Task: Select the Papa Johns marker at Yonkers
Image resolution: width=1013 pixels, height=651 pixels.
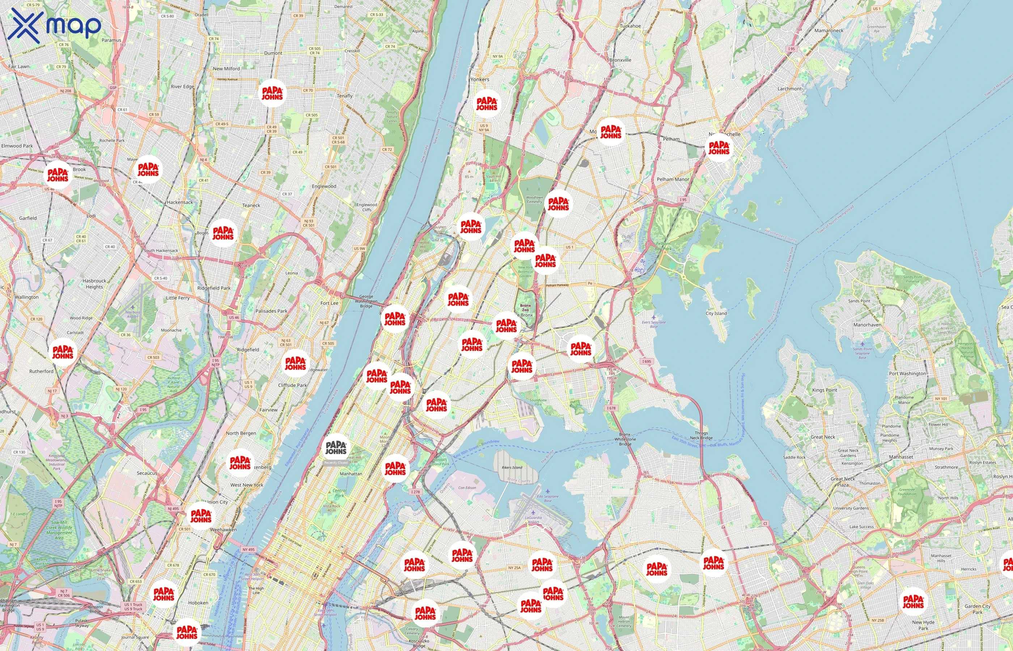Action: [487, 103]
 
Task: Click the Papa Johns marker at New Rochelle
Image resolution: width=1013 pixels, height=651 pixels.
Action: [719, 148]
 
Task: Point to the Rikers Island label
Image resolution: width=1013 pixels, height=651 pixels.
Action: [512, 468]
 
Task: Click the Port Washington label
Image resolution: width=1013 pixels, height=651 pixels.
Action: [907, 373]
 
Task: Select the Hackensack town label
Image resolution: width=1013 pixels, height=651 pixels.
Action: [180, 202]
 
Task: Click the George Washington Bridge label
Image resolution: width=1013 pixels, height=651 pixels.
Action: [366, 301]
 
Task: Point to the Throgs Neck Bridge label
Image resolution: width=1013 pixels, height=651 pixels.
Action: [701, 435]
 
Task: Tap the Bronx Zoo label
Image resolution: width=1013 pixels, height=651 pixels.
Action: [525, 307]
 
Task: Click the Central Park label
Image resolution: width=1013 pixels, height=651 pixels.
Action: [339, 493]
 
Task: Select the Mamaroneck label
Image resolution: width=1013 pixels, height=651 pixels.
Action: [828, 30]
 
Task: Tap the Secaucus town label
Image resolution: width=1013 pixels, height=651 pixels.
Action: [147, 473]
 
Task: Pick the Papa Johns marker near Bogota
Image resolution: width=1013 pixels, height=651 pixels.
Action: [223, 233]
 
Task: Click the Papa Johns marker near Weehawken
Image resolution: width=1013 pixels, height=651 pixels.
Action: [201, 516]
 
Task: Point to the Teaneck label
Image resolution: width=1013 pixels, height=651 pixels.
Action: [251, 205]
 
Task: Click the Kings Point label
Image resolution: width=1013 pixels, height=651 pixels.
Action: [824, 390]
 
